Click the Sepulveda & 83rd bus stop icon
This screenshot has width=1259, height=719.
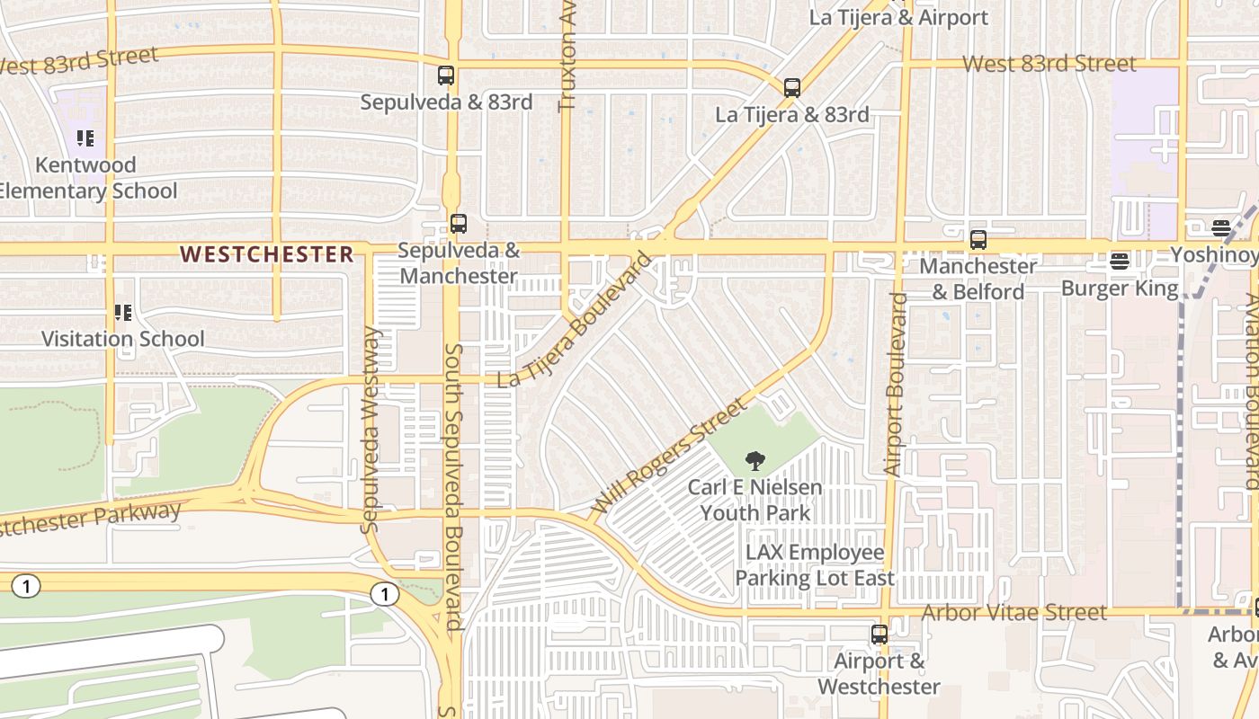pos(446,75)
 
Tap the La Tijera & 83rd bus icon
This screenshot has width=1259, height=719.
pos(792,88)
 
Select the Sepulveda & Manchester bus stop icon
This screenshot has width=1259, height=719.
pos(459,224)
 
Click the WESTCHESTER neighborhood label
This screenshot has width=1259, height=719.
pos(267,254)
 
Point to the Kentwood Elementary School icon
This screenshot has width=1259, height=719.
pos(85,138)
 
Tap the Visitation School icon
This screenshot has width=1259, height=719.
pos(123,313)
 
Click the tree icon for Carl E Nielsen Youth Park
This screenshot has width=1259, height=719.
pos(755,462)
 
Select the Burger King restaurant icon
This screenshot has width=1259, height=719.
pos(1120,262)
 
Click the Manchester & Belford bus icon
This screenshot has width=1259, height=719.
pos(978,240)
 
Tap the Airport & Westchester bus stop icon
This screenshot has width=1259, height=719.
pos(880,635)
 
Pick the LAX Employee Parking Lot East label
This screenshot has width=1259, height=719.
pos(815,565)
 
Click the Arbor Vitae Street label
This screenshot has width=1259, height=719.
pos(1015,613)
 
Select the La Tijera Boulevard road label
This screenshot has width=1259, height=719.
pos(575,321)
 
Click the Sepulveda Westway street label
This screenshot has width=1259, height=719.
pos(371,430)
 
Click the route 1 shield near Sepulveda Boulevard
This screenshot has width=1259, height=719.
pos(385,595)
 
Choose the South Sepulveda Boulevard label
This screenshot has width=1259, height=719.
pos(454,485)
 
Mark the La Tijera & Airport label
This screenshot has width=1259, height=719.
pos(898,17)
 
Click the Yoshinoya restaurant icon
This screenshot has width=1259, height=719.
pos(1221,228)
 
